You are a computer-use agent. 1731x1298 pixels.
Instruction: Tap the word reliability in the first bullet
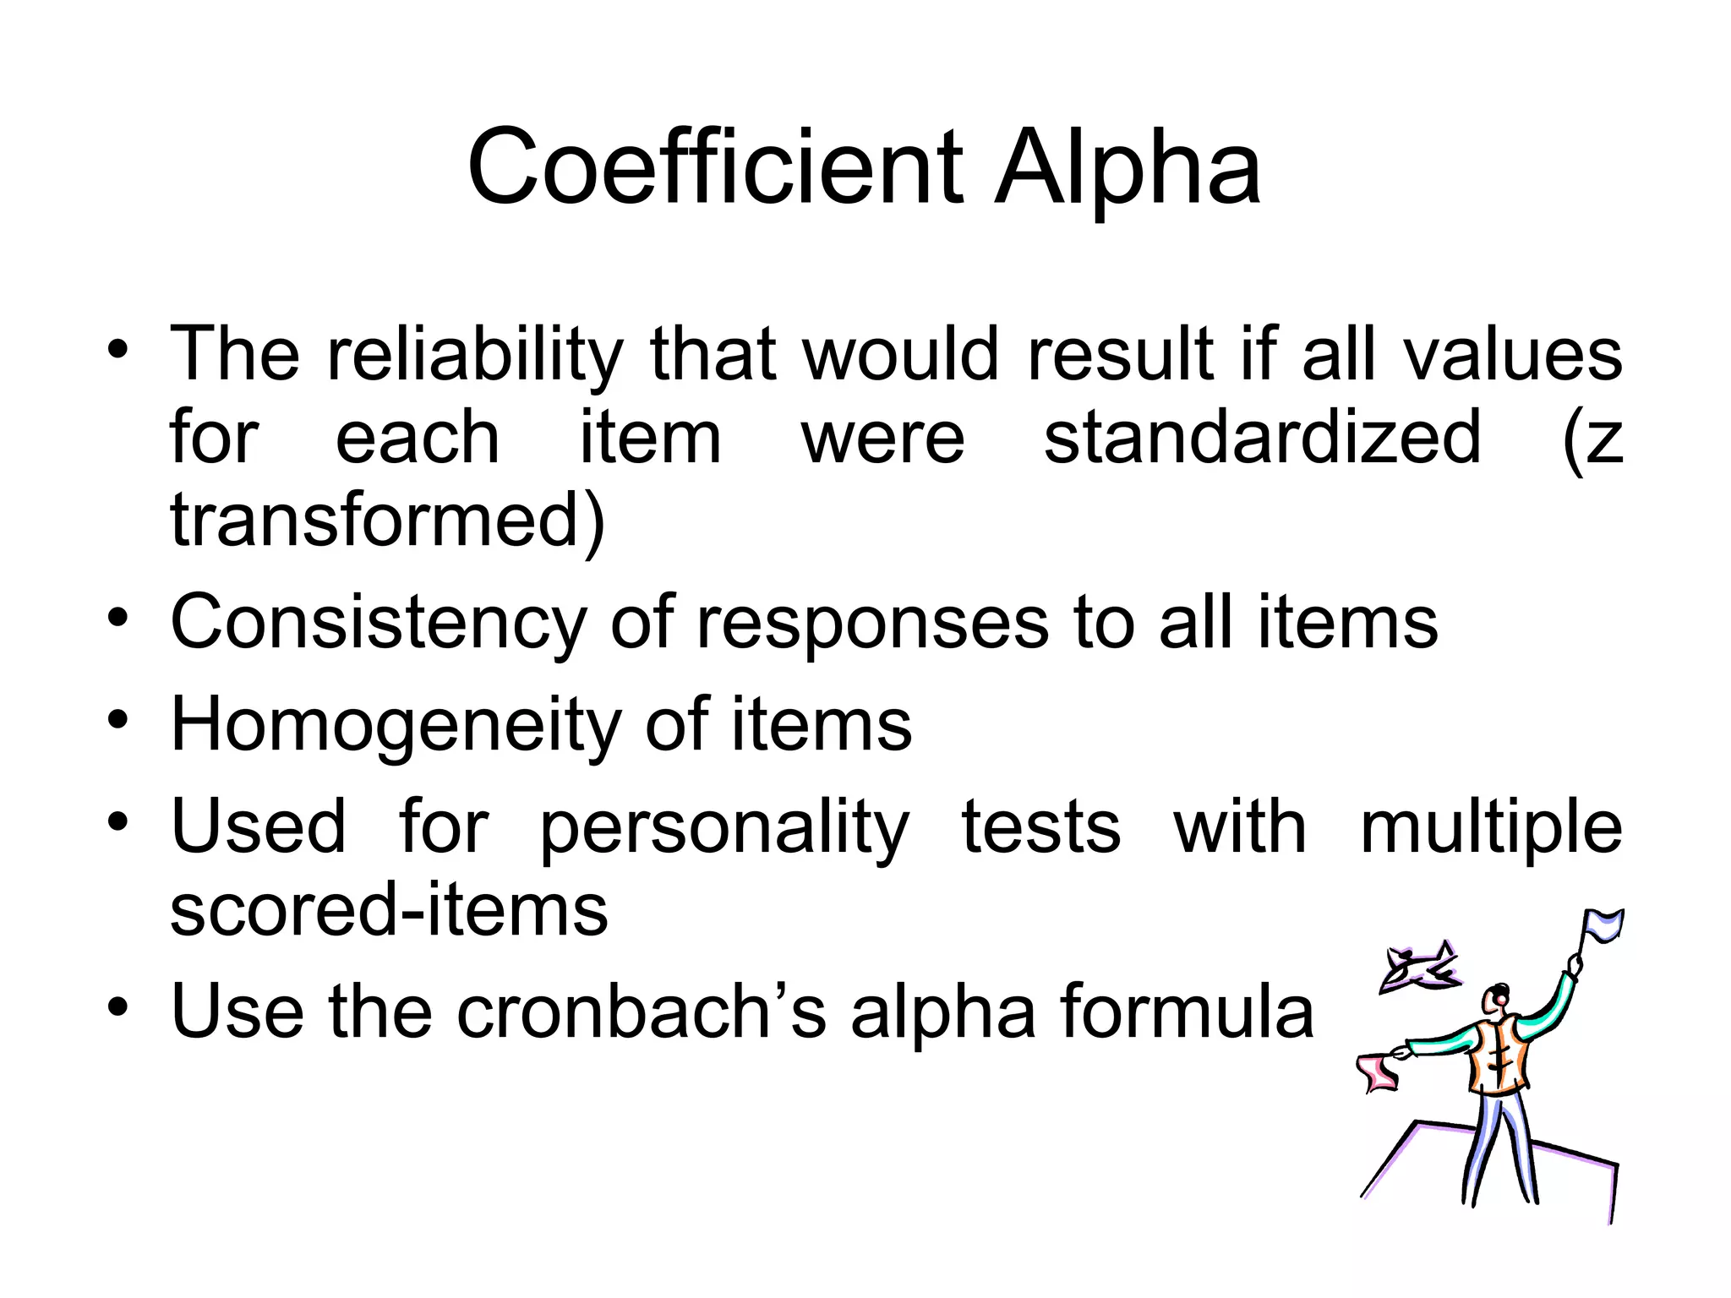coord(475,355)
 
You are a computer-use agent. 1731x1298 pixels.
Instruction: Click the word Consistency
coord(378,624)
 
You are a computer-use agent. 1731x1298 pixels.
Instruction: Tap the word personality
coord(724,828)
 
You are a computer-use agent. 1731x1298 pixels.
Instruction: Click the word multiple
coord(1491,828)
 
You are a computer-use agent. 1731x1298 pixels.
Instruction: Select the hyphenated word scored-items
coord(389,910)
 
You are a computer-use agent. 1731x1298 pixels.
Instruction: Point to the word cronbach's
coord(642,1012)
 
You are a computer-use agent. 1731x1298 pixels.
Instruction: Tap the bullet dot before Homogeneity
coord(117,721)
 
